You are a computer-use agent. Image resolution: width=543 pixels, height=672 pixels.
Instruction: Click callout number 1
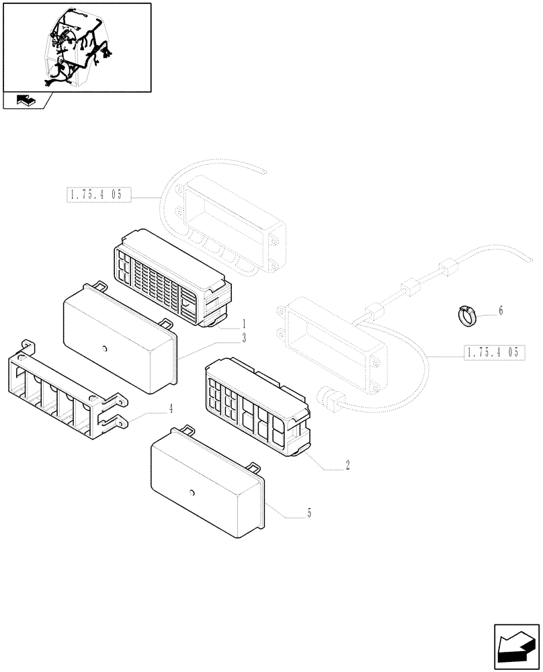[244, 323]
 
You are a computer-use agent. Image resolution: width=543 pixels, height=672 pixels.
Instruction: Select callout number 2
[347, 464]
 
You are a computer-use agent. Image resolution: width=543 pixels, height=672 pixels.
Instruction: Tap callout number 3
[244, 338]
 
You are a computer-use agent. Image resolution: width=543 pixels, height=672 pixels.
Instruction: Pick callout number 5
[308, 513]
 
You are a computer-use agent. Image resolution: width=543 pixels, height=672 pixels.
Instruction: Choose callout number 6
[500, 310]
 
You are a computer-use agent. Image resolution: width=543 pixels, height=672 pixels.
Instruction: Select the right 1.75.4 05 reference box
[493, 352]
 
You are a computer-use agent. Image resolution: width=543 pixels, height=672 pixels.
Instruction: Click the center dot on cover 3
[106, 348]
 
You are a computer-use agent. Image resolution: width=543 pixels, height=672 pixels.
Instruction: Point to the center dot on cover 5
[192, 493]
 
